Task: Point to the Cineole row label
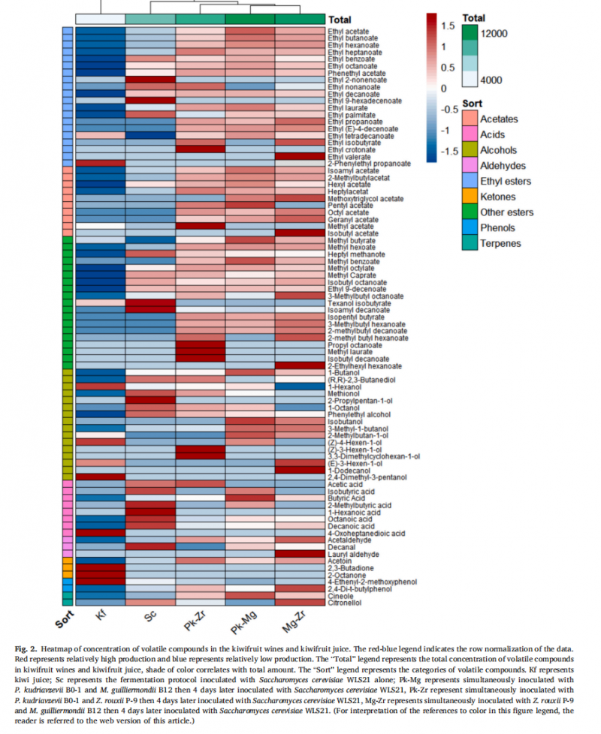pos(341,595)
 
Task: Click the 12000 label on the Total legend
pos(496,33)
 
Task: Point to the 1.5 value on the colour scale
pos(448,26)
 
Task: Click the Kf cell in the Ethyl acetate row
pos(100,31)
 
